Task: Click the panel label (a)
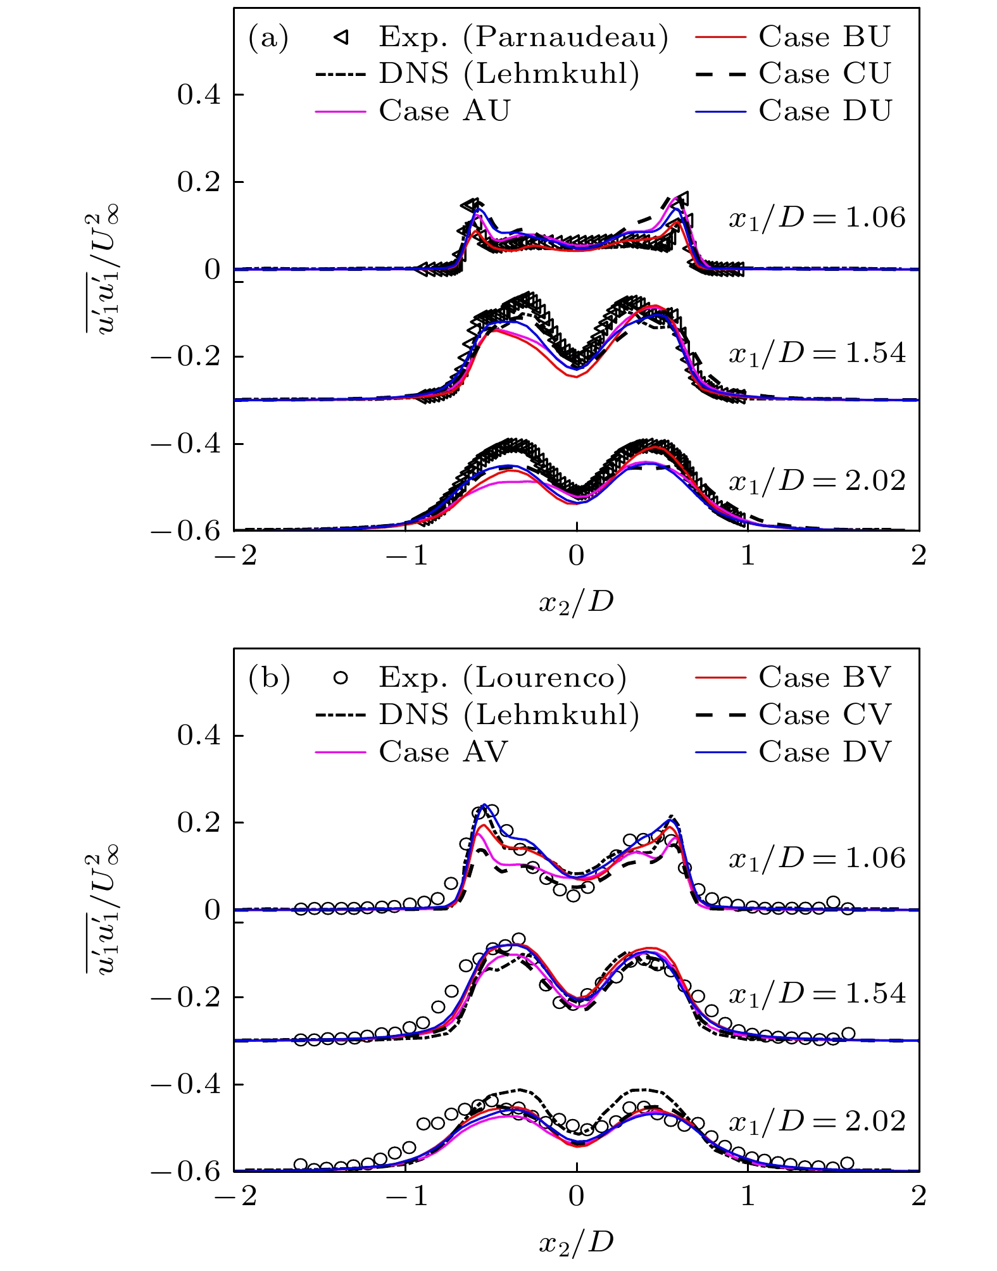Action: coord(268,38)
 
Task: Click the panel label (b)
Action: coord(269,679)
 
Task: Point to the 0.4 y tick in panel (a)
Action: coord(199,95)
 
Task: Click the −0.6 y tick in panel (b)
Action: coord(185,1172)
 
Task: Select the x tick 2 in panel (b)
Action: coord(919,1196)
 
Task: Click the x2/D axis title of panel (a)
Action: coord(576,602)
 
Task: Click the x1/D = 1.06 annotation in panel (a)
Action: coord(817,218)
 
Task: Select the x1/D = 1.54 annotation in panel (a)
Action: coord(817,353)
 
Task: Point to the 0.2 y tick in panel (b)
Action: coord(199,823)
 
